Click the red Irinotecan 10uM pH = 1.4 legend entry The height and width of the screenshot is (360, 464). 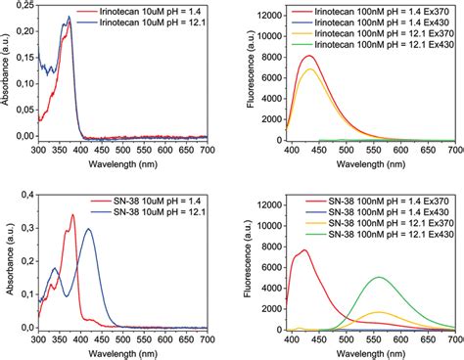pyautogui.click(x=137, y=13)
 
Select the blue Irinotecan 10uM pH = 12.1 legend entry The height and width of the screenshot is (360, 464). pyautogui.click(x=137, y=23)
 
